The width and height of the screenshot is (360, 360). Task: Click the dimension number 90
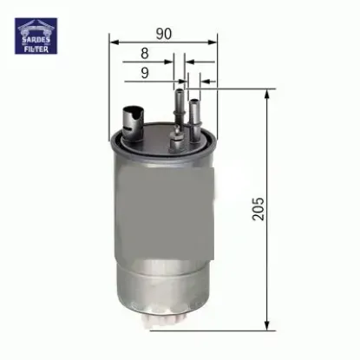pos(161,33)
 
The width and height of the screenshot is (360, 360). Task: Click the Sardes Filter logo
pos(36,36)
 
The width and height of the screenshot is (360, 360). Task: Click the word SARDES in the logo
pos(36,42)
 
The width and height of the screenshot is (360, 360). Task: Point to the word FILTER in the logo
pos(36,49)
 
